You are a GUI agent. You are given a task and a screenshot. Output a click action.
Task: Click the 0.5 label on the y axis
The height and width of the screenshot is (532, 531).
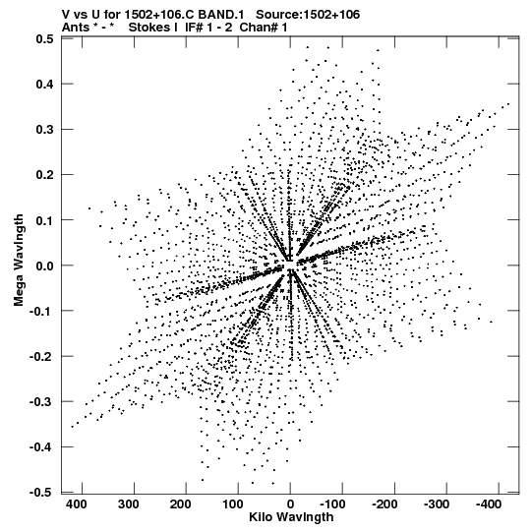pyautogui.click(x=44, y=38)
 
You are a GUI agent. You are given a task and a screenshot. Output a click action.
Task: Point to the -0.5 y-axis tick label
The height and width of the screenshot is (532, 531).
pyautogui.click(x=41, y=493)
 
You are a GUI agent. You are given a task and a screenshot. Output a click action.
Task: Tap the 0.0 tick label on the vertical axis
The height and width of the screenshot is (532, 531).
pyautogui.click(x=44, y=266)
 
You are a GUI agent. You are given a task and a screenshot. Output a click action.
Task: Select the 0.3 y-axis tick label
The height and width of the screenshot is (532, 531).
pyautogui.click(x=44, y=129)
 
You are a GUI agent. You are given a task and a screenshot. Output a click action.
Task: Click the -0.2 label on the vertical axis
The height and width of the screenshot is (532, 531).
pyautogui.click(x=41, y=356)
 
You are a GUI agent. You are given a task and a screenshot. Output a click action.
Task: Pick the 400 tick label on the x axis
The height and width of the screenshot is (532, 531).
pyautogui.click(x=76, y=504)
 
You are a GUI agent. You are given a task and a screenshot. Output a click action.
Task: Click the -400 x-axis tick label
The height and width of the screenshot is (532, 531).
pyautogui.click(x=489, y=504)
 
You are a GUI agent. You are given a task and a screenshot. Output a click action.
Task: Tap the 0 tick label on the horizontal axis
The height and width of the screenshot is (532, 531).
pyautogui.click(x=290, y=504)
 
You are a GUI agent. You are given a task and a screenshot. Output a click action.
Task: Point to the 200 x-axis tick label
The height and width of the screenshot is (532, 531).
pyautogui.click(x=180, y=504)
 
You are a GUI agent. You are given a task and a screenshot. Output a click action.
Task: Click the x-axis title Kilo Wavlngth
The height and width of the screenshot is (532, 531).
pyautogui.click(x=291, y=517)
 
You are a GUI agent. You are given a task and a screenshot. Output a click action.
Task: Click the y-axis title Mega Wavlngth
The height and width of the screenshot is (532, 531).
pyautogui.click(x=19, y=261)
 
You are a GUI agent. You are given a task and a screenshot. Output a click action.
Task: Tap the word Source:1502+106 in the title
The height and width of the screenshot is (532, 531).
pyautogui.click(x=308, y=15)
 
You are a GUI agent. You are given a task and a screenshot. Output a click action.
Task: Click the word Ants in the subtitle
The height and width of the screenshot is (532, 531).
pyautogui.click(x=77, y=28)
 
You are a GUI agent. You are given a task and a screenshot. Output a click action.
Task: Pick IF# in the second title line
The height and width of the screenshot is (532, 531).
pyautogui.click(x=194, y=28)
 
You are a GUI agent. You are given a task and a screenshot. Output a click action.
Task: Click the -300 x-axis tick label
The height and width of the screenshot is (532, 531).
pyautogui.click(x=437, y=504)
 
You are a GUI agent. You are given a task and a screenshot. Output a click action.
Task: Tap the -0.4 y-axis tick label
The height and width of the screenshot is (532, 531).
pyautogui.click(x=41, y=446)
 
